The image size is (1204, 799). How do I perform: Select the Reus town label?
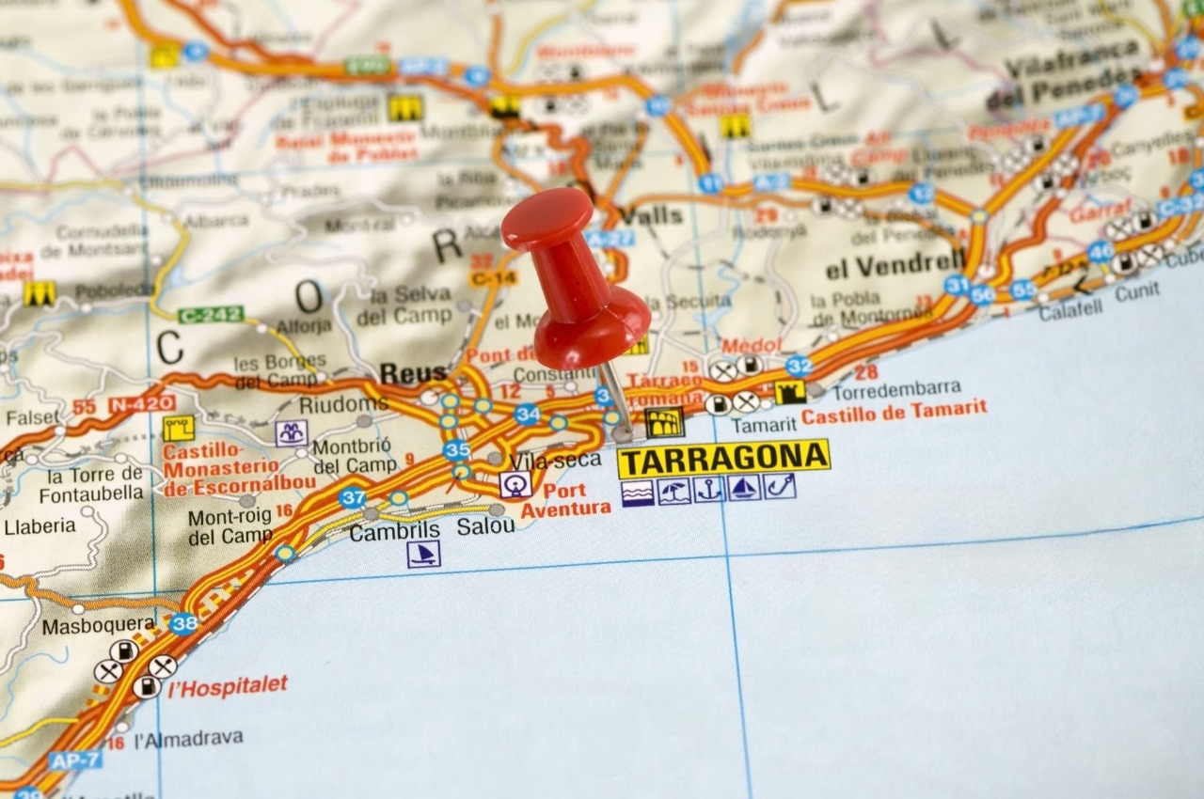(413, 374)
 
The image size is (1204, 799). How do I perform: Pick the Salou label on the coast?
(485, 526)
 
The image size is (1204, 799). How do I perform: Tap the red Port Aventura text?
(565, 500)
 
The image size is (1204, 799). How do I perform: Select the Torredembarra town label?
(895, 387)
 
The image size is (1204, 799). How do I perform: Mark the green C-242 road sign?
(211, 314)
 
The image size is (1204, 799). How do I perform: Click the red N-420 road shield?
(141, 404)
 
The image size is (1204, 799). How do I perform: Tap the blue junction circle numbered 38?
(184, 623)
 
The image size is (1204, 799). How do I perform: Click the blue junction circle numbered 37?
(353, 497)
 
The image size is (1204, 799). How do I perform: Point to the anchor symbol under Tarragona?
(708, 489)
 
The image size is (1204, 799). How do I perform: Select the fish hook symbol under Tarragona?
(780, 487)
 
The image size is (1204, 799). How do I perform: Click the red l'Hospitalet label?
(229, 686)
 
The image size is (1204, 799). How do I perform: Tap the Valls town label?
(653, 215)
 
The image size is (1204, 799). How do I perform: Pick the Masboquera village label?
(98, 625)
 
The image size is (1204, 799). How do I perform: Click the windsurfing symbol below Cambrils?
(423, 554)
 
